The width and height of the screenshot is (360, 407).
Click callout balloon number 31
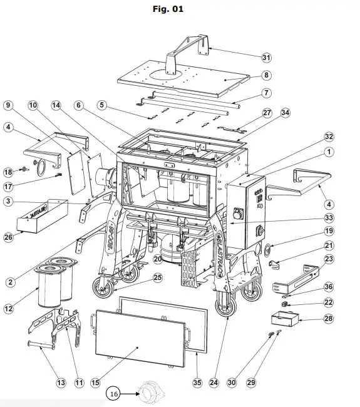267,57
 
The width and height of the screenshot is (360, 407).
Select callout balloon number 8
267,75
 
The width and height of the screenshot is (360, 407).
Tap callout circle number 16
114,394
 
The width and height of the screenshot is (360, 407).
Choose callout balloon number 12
8,307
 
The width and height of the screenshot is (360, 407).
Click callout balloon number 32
329,136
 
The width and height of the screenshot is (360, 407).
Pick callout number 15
95,381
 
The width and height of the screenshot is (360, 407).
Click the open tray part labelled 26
41,216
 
